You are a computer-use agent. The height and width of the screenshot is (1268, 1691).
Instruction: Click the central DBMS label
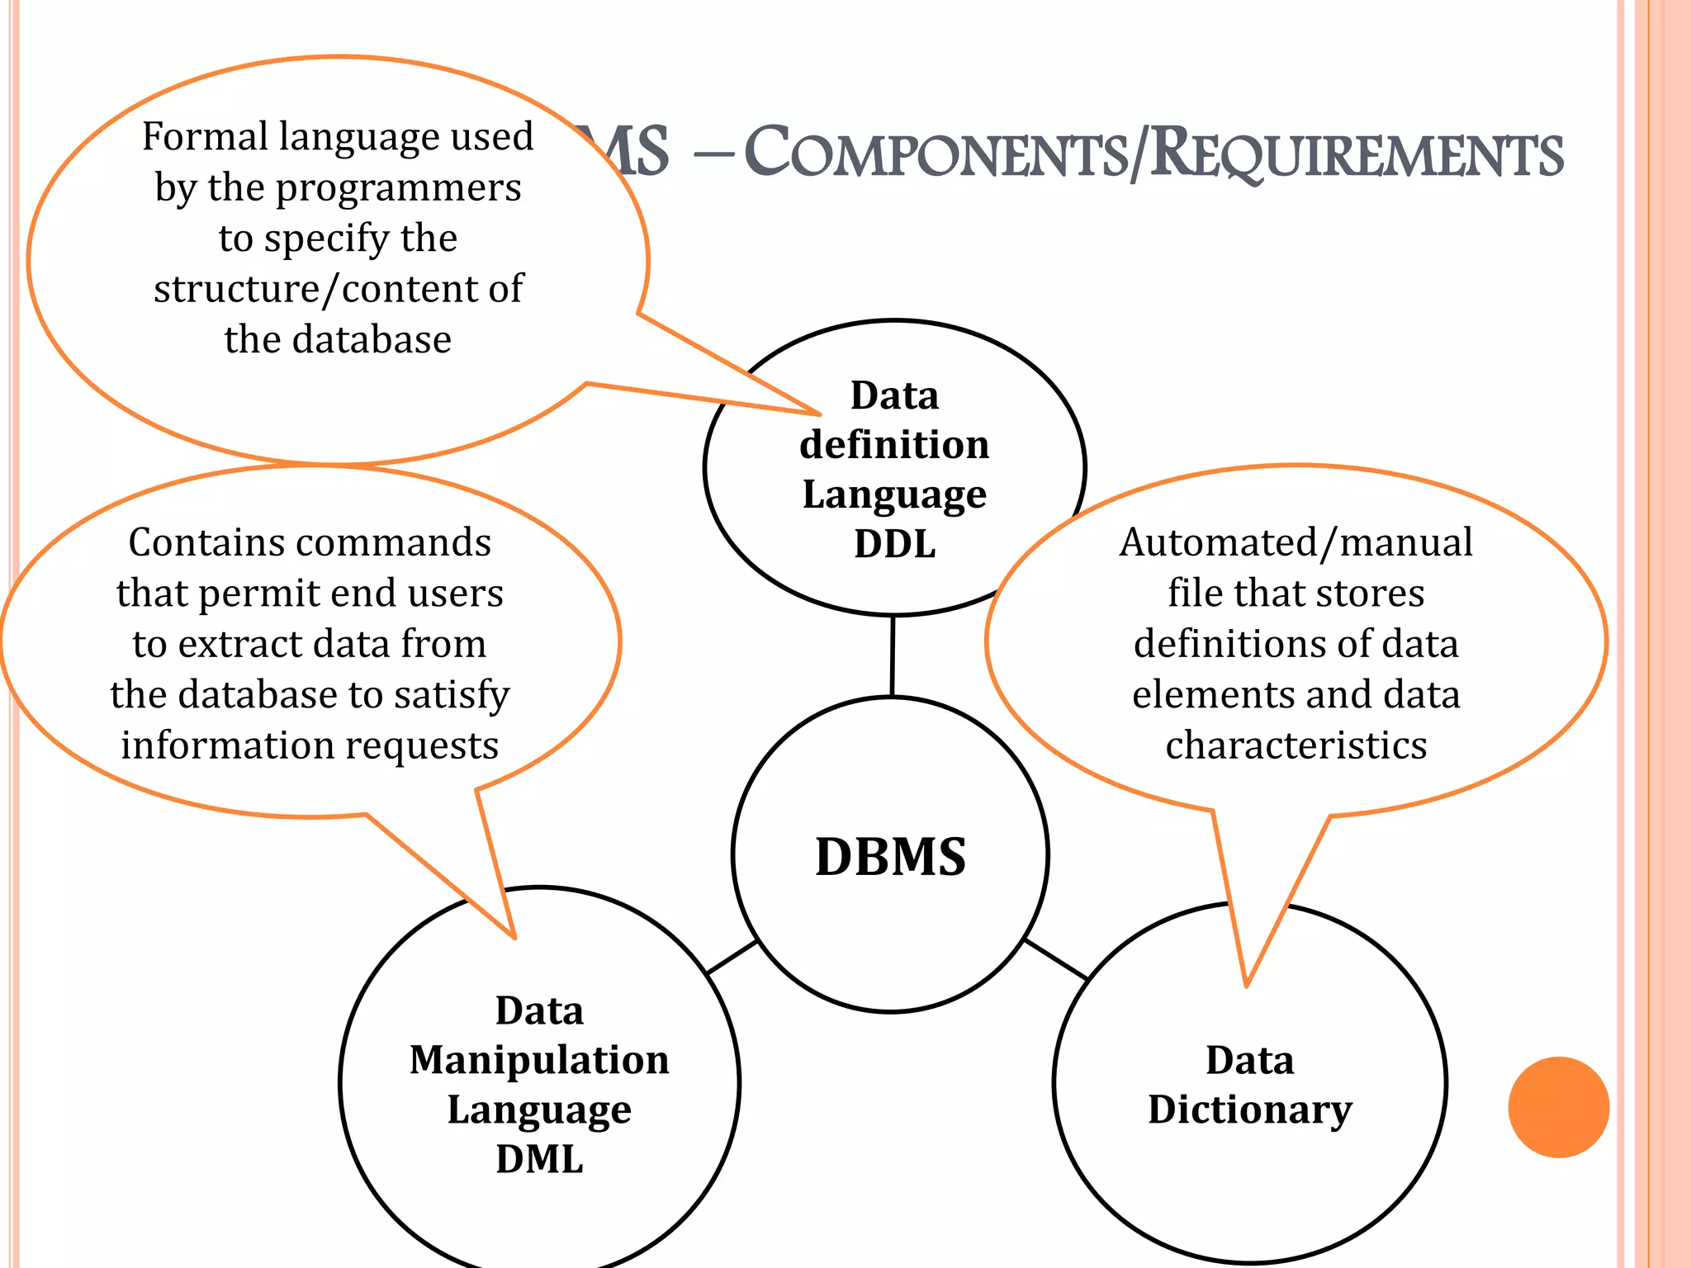[x=890, y=857]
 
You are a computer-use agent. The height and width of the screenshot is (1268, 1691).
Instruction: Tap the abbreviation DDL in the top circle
[x=894, y=544]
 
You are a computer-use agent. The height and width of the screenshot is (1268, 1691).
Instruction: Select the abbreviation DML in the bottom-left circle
[x=539, y=1159]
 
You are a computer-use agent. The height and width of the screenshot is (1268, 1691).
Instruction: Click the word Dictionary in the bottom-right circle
[x=1249, y=1110]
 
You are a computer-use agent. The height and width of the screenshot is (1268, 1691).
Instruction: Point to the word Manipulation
[x=539, y=1060]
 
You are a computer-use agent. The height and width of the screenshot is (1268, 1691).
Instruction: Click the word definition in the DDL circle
[x=894, y=445]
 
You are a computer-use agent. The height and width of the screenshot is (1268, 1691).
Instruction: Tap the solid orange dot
[x=1558, y=1107]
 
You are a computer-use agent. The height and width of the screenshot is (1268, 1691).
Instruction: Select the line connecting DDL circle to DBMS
[x=893, y=656]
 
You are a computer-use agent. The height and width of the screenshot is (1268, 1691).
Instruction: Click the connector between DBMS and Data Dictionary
[x=1055, y=959]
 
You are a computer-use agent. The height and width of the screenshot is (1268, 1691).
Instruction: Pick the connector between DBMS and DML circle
[x=732, y=958]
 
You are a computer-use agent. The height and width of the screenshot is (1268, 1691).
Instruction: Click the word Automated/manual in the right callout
[x=1295, y=543]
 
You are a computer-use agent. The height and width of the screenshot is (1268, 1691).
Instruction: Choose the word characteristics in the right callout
[x=1295, y=745]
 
